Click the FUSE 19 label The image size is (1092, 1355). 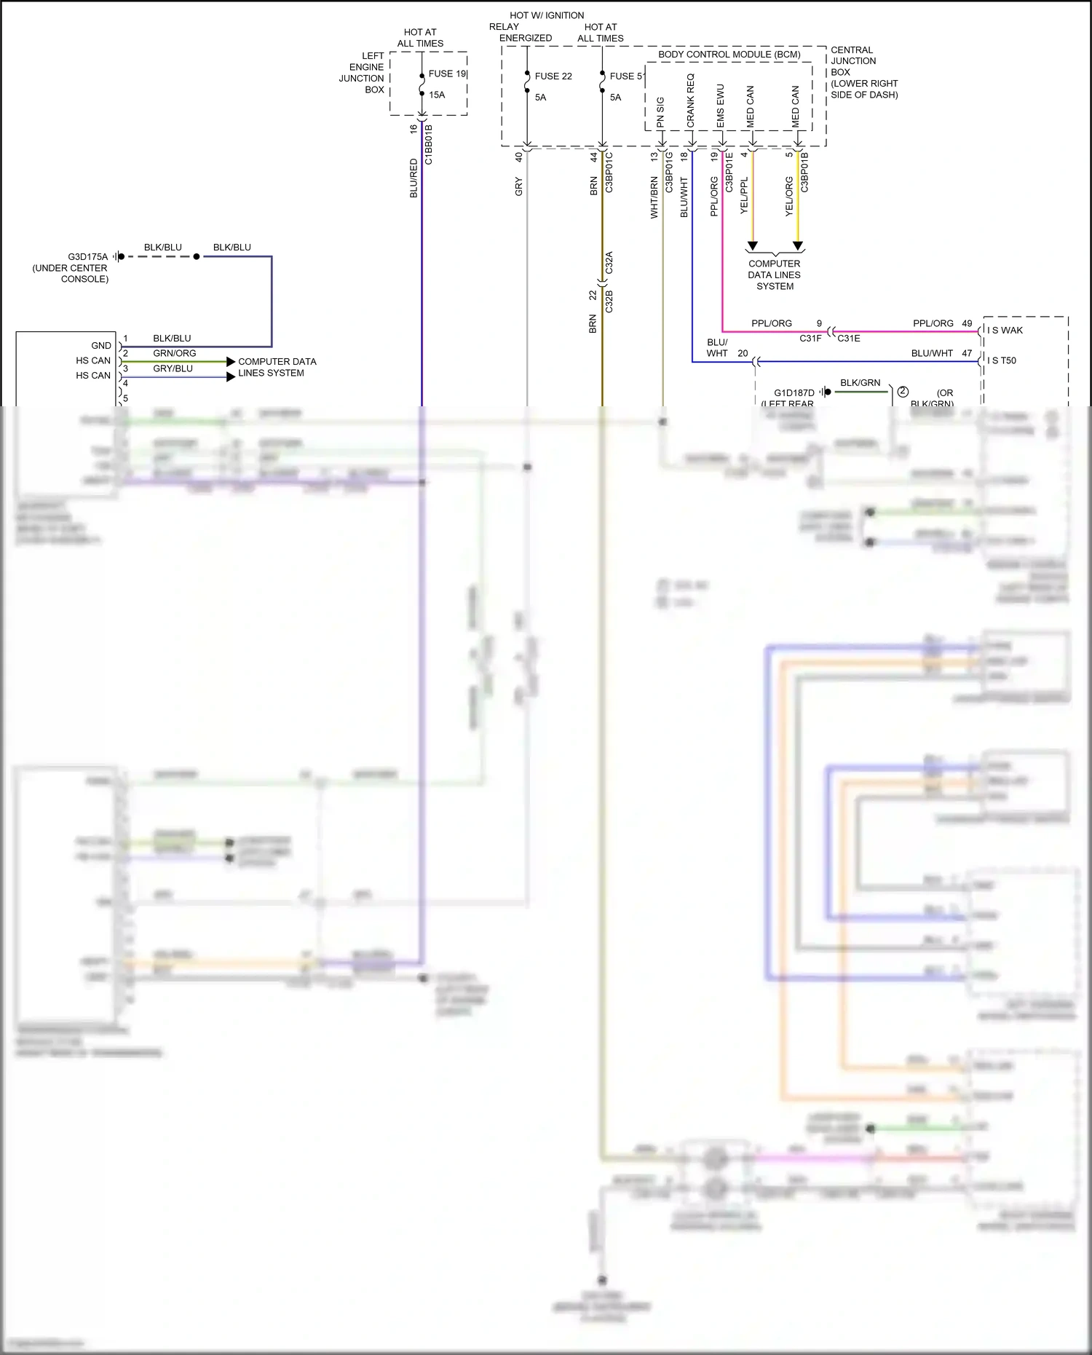pos(446,74)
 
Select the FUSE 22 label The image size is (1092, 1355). pos(553,76)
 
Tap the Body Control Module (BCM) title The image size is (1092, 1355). pos(729,55)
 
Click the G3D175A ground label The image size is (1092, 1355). pos(87,257)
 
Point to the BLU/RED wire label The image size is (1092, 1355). pos(414,178)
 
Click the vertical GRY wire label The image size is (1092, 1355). pos(519,186)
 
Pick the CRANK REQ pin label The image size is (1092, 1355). pos(691,100)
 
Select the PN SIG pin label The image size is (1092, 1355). pos(660,112)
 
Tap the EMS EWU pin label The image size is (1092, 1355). pos(721,106)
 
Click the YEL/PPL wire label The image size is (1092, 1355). pos(744,195)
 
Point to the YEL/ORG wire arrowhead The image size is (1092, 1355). pos(798,246)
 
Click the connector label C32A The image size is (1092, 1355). pos(609,263)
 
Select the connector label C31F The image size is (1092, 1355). pos(810,339)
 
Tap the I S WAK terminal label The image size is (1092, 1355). pos(1005,331)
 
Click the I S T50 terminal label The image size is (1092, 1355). pos(1002,360)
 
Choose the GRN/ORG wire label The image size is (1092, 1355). pos(174,353)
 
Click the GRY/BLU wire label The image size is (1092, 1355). pos(173,368)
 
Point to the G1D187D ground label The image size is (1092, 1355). pos(794,392)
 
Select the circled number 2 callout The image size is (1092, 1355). pos(903,392)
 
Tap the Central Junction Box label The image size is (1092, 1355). pos(863,72)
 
